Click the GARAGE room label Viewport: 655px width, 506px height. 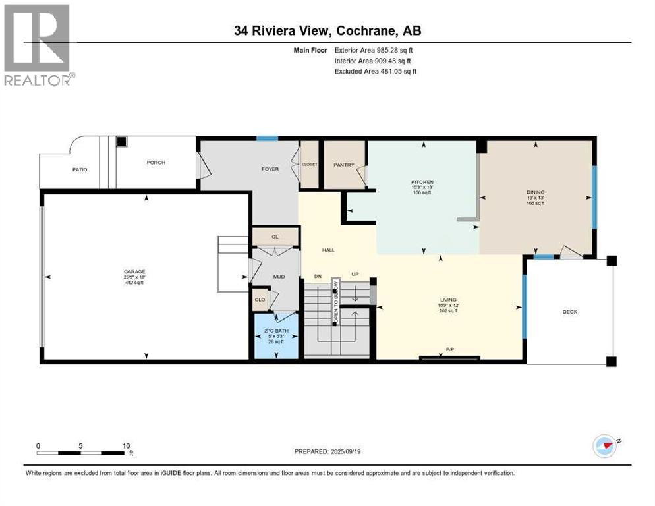134,272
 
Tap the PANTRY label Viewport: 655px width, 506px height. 344,165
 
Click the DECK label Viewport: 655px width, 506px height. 569,312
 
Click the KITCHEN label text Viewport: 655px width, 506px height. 422,182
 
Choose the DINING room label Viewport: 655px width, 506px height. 535,192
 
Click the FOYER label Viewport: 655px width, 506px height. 270,169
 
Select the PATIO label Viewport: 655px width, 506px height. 80,170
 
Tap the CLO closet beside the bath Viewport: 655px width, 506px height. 260,300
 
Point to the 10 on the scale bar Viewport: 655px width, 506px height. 126,445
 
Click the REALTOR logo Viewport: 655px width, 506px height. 39,45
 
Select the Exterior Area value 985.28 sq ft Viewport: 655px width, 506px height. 395,50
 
